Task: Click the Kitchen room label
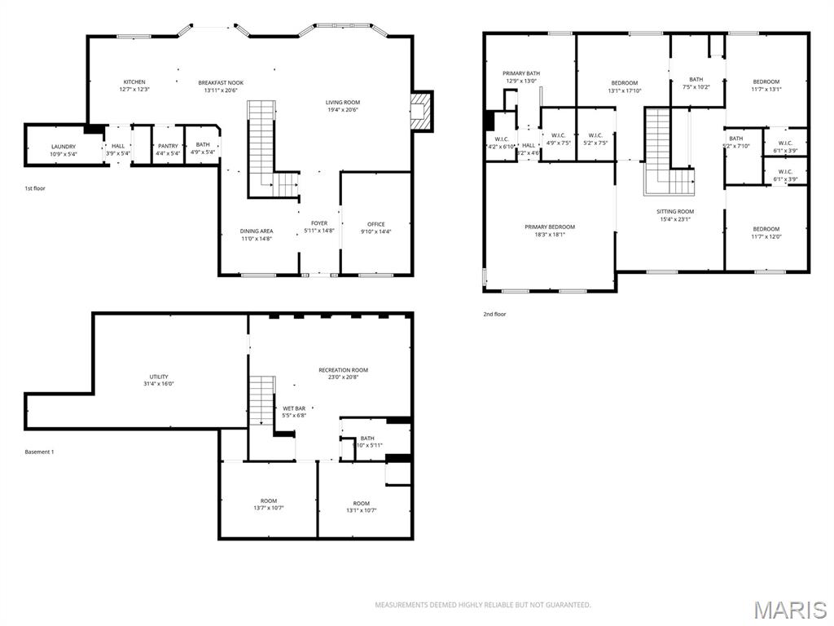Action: coord(134,82)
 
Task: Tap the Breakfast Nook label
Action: coord(221,82)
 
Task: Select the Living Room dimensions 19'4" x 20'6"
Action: coord(343,110)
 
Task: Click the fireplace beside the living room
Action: coord(421,111)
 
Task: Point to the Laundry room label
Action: coord(63,147)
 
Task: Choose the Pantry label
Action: coord(168,146)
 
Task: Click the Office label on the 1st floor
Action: coord(375,224)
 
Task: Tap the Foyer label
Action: coord(319,223)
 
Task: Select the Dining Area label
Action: coord(257,231)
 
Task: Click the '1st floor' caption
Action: coord(35,188)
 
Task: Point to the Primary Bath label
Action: coord(520,73)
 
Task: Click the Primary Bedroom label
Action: coord(550,227)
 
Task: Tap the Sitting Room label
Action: coord(675,212)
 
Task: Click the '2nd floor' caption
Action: coord(494,314)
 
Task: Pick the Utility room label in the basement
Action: coord(159,377)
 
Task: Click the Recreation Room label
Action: coord(343,370)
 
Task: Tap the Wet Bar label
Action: coord(294,408)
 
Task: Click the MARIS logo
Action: coord(789,609)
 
